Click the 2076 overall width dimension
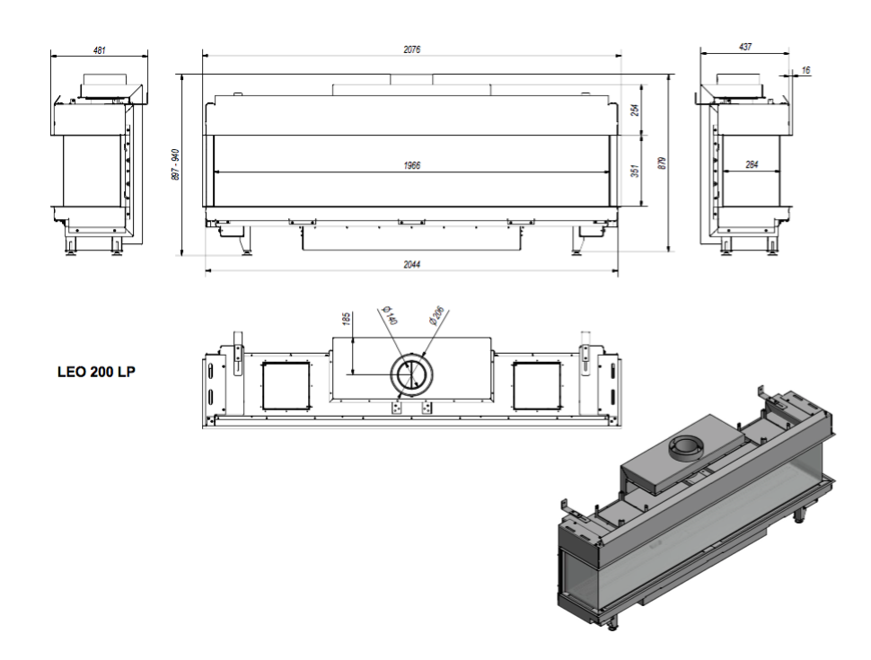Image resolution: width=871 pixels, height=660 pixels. [x=411, y=49]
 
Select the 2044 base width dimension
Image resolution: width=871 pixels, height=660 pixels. [x=411, y=264]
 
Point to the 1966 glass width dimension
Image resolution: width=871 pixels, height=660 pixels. [x=411, y=165]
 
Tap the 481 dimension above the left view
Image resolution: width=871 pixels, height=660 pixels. [x=99, y=50]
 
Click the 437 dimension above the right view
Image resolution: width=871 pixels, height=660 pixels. [x=745, y=48]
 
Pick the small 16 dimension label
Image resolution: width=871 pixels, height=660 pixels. [x=806, y=71]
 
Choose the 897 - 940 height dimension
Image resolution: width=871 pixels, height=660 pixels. [x=175, y=164]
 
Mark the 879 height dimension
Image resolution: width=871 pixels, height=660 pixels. [x=661, y=163]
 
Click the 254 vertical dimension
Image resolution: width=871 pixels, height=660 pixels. [x=636, y=110]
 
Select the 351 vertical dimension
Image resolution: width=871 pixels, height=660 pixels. [x=636, y=170]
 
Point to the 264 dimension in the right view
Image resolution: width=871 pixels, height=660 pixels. [x=751, y=164]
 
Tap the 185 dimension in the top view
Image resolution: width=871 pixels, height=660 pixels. [x=346, y=319]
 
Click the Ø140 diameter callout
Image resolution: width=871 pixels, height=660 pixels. [x=390, y=315]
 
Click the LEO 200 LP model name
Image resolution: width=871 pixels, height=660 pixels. [x=96, y=372]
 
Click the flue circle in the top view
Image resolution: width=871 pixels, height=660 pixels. [x=411, y=355]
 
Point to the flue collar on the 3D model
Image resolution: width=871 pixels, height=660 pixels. [x=687, y=448]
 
